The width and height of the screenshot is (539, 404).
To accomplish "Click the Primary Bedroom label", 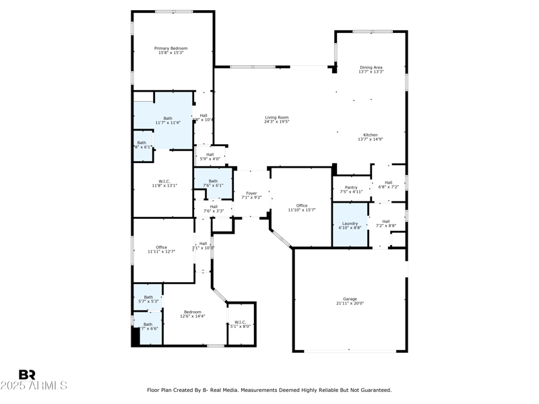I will pos(170,48).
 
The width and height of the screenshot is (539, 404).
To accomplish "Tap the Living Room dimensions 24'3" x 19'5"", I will pos(276,123).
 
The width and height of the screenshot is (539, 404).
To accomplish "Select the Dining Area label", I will pos(371,67).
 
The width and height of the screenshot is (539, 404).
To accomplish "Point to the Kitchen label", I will pos(371,135).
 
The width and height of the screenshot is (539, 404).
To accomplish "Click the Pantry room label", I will pos(350,187).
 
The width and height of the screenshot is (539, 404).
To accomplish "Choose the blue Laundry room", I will pos(350,226).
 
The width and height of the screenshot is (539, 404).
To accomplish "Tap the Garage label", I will pos(350,299).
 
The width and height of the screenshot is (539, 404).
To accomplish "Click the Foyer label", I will pos(251,193).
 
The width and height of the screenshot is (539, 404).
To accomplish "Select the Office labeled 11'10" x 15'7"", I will pos(301,207).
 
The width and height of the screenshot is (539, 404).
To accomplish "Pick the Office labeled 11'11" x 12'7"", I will pos(162,249).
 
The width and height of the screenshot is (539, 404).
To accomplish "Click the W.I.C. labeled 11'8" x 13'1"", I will pos(163,182).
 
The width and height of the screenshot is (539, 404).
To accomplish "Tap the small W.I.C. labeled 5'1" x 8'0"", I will pos(241,324).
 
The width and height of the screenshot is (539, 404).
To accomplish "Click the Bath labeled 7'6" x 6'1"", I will pos(213,182).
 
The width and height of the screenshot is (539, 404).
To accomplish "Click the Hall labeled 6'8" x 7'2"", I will pos(389,184).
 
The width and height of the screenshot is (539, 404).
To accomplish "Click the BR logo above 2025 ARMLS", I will pos(27,374).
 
